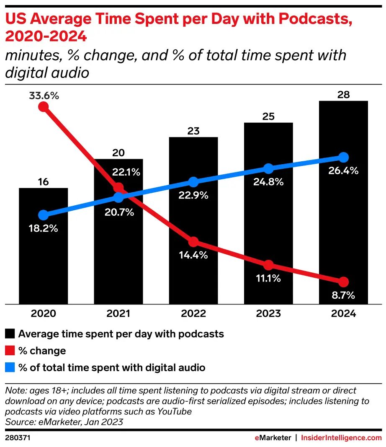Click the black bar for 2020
point(43,251)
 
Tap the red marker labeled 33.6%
point(43,106)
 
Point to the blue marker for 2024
point(343,158)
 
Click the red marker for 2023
point(268,265)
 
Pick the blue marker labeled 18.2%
point(43,215)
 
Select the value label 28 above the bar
point(343,95)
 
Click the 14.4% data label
point(193,255)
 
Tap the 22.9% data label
point(193,195)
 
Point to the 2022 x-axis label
point(193,314)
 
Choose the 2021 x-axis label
point(118,314)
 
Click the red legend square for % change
point(10,351)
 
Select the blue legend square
point(10,368)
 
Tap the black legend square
point(10,334)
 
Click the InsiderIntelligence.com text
point(341,438)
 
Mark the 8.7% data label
point(343,295)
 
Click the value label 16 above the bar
point(43,182)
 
